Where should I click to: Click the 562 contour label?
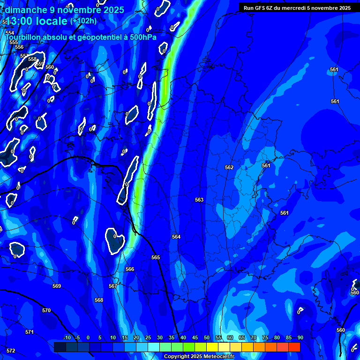point(229,167)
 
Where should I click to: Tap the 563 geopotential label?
point(199,200)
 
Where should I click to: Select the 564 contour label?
point(176,237)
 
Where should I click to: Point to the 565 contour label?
point(156,258)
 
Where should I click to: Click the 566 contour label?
point(130,270)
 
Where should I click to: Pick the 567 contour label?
point(113,286)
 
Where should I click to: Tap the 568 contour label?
point(99,300)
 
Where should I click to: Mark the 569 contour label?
point(57,286)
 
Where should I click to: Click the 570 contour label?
point(46,311)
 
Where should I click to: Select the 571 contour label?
point(30,332)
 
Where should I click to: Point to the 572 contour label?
point(11,351)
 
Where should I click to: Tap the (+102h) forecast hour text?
point(83,21)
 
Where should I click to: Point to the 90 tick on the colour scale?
point(300,338)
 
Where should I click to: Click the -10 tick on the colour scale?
point(67,338)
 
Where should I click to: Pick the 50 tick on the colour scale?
point(207,338)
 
